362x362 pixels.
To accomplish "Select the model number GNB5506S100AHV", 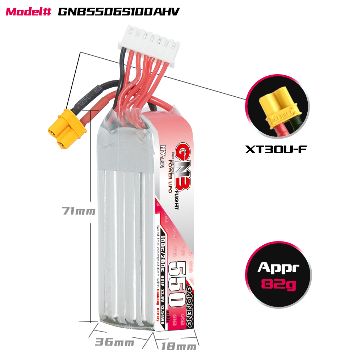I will [x=119, y=12].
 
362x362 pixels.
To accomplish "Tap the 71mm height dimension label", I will [x=79, y=211].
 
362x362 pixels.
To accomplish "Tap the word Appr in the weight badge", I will [x=278, y=268].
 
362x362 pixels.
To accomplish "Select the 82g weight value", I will [x=278, y=285].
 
